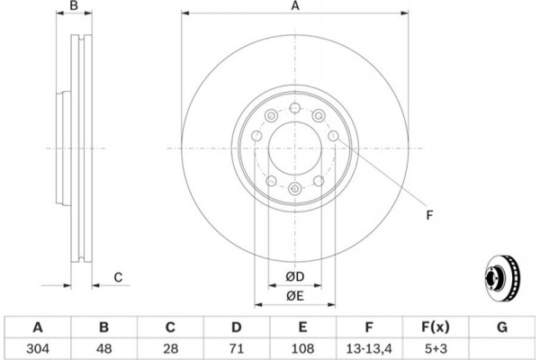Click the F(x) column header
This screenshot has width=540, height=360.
click(435, 326)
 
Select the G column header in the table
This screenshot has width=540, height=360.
click(501, 326)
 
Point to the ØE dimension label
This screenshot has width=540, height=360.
click(294, 296)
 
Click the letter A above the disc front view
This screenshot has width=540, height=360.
click(294, 7)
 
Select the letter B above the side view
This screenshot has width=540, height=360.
click(76, 7)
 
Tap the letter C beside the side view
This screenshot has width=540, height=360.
click(118, 277)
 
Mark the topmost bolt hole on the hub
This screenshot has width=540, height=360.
click(294, 108)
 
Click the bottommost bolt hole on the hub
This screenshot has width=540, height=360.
click(294, 187)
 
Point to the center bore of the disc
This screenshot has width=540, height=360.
click(294, 148)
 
